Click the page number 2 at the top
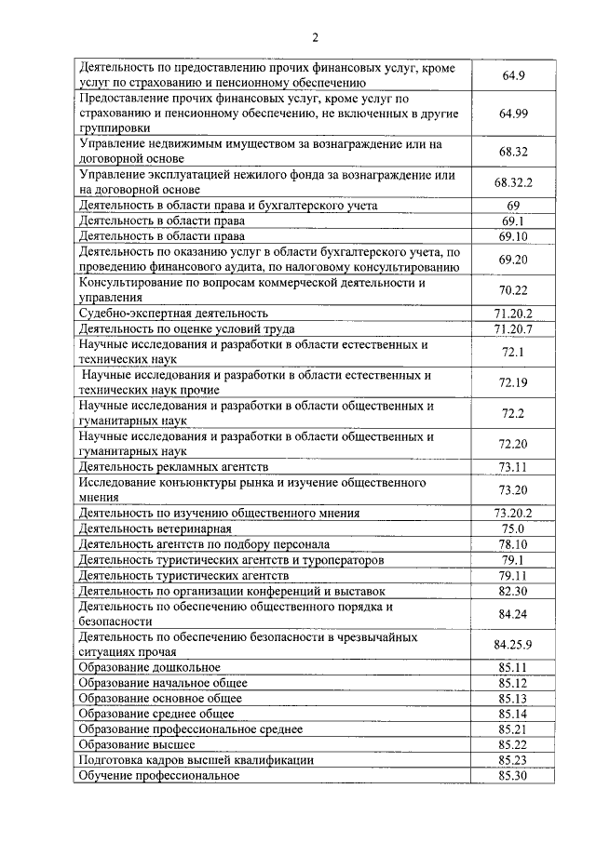315,37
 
